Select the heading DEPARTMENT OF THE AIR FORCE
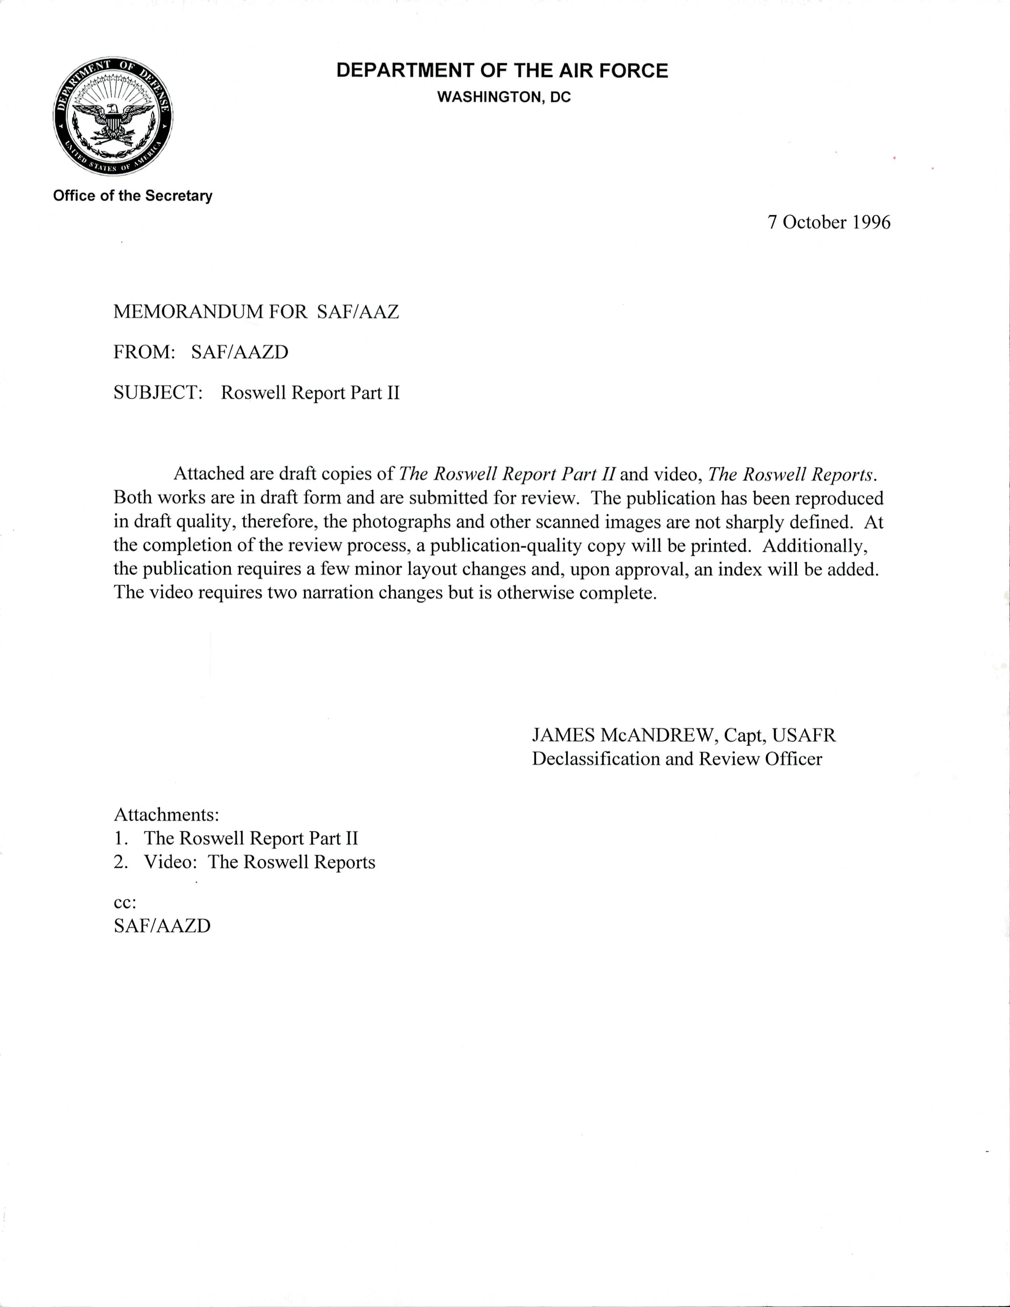(x=502, y=71)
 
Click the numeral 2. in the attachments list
(x=120, y=862)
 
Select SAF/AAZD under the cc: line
(x=162, y=926)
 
